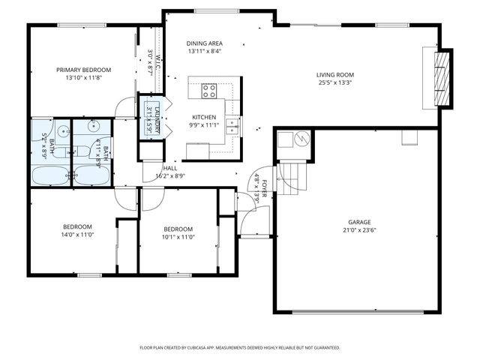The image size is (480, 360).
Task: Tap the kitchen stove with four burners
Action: click(x=209, y=91)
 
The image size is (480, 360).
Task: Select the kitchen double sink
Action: click(x=232, y=124)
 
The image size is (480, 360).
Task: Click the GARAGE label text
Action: click(x=359, y=223)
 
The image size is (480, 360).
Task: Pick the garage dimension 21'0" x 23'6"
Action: click(x=359, y=231)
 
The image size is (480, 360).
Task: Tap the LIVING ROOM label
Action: click(x=334, y=74)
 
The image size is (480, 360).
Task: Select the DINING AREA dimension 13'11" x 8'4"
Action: click(x=204, y=52)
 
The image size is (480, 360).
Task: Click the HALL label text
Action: click(x=170, y=168)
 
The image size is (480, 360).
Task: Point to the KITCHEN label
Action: click(x=204, y=117)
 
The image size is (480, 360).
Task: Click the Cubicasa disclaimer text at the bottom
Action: click(x=240, y=348)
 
